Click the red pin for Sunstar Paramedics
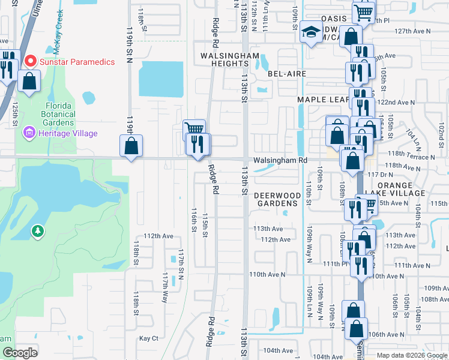coord(29,61)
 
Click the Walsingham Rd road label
coord(280,161)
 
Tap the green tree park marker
coord(38,231)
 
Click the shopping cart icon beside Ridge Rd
coord(194,128)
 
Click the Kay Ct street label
coord(148,338)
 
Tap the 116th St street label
coord(194,220)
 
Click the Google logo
coord(20,353)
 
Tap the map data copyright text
coord(412,355)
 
